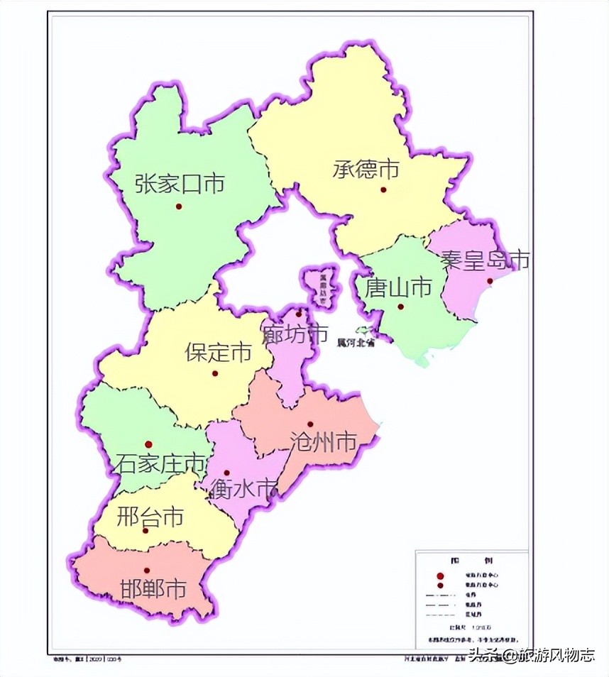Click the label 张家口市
[x=180, y=184]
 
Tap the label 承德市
[x=366, y=169]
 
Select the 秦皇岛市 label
[x=485, y=260]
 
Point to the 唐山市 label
[x=398, y=287]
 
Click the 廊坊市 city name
[x=295, y=333]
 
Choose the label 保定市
[x=218, y=352]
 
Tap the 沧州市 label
[x=323, y=442]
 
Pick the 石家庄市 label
[x=160, y=464]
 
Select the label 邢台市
[x=150, y=515]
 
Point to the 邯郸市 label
[x=153, y=589]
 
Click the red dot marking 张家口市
[x=179, y=207]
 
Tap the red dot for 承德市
[x=383, y=189]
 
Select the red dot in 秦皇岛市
[x=490, y=281]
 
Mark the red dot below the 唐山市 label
[x=400, y=307]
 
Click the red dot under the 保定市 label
[x=215, y=373]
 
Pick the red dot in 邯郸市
[x=147, y=570]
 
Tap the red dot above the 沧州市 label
[x=310, y=424]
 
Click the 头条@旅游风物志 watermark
[x=531, y=655]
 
